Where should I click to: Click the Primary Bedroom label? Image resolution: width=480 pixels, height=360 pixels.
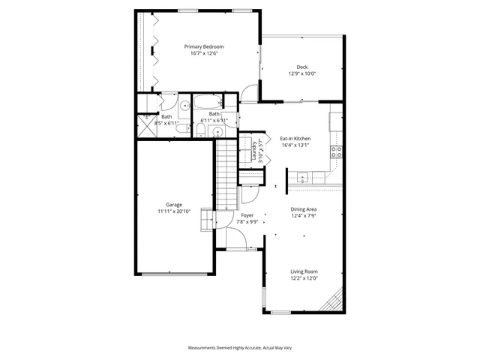pos(204,46)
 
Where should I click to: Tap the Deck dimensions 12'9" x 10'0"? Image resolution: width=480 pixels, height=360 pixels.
pos(302,73)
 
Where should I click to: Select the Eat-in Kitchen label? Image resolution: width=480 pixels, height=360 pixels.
pos(295,139)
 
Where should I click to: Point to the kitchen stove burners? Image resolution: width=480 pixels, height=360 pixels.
pos(337,149)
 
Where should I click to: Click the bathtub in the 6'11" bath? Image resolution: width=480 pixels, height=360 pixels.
pos(207,103)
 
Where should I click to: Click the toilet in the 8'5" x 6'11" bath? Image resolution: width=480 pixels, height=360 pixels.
pos(182,128)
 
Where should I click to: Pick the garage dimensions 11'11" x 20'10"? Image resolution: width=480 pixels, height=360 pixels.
pos(174,211)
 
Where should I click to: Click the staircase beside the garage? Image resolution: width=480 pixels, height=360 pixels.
pos(226,176)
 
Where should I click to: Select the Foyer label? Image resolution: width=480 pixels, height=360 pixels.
pos(247,215)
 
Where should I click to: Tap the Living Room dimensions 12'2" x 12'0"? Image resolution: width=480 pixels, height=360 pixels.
pos(304,278)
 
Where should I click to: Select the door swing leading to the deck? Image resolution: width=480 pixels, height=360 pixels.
pos(249,94)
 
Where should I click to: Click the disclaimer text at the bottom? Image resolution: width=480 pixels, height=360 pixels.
pos(239,349)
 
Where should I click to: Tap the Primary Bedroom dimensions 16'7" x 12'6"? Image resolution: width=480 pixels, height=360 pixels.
pos(204,53)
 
